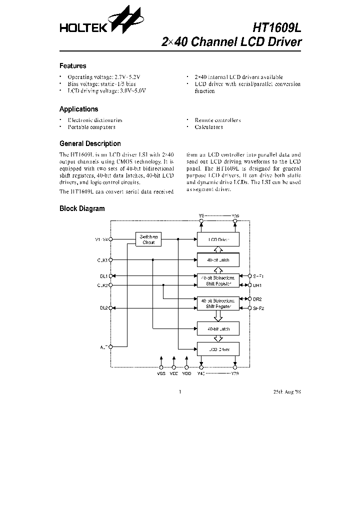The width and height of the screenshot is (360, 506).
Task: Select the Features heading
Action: pyautogui.click(x=72, y=66)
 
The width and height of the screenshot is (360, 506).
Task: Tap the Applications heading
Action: pyautogui.click(x=78, y=109)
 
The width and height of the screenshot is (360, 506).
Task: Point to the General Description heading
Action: pyautogui.click(x=90, y=143)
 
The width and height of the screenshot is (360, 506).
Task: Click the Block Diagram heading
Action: pyautogui.click(x=82, y=208)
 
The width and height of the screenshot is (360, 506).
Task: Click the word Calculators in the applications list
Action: pyautogui.click(x=208, y=127)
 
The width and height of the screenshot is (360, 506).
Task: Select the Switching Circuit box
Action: pyautogui.click(x=148, y=239)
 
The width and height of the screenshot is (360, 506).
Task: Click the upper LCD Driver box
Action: pyautogui.click(x=218, y=239)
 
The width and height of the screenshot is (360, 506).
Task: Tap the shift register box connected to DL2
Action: pyautogui.click(x=218, y=304)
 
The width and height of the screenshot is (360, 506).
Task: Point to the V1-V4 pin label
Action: pyautogui.click(x=101, y=239)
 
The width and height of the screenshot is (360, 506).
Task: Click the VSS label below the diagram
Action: pyautogui.click(x=161, y=373)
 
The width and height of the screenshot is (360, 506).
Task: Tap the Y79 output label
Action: pyautogui.click(x=235, y=373)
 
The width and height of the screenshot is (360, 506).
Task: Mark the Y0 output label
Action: pyautogui.click(x=201, y=215)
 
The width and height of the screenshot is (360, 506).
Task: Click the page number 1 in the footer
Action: pyautogui.click(x=179, y=391)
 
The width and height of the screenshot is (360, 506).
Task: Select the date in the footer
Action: pyautogui.click(x=286, y=391)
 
